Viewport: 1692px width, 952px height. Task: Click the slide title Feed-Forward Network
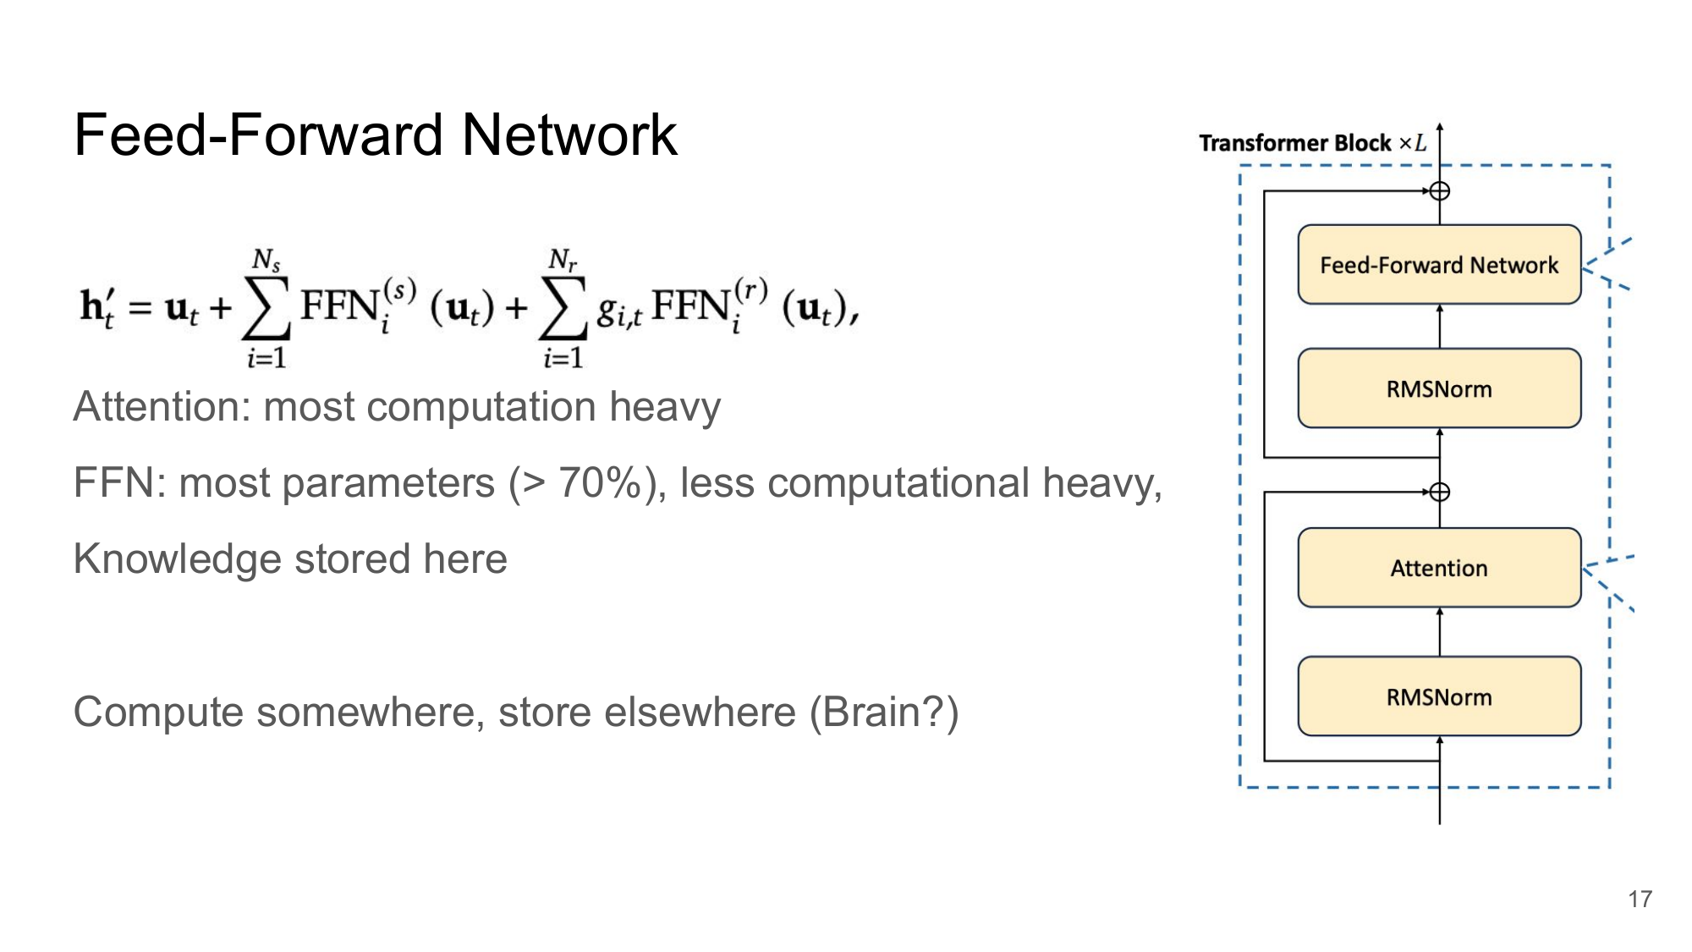click(375, 135)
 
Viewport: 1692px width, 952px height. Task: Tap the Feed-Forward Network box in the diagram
click(1439, 265)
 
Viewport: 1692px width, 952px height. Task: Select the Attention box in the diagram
click(1439, 568)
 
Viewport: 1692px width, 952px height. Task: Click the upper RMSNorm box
click(1439, 388)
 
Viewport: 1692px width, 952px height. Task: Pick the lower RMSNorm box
click(1439, 696)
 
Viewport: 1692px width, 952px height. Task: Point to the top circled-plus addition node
click(1440, 191)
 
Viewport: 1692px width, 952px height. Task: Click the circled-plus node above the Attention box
click(1440, 492)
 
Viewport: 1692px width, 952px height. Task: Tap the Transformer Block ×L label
click(1312, 143)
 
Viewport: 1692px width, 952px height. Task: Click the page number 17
click(1640, 900)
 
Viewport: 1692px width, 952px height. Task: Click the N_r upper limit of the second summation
click(563, 259)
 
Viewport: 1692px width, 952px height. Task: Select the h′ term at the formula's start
click(96, 306)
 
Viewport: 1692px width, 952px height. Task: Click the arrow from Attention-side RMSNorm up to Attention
click(1440, 631)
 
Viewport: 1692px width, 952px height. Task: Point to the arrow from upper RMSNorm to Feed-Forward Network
click(1440, 326)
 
